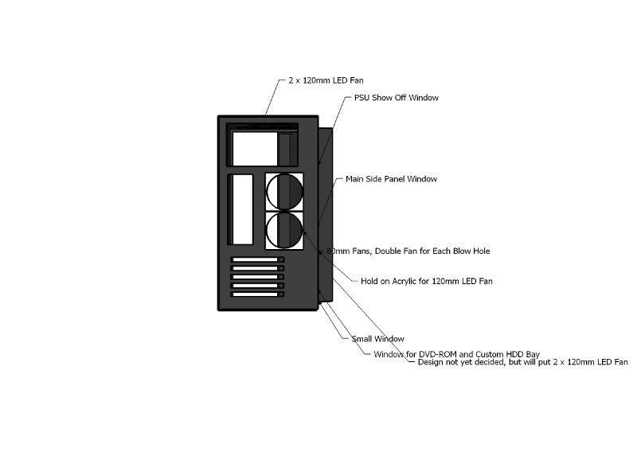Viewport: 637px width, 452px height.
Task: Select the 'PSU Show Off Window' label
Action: click(x=397, y=98)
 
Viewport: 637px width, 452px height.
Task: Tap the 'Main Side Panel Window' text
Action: click(x=391, y=179)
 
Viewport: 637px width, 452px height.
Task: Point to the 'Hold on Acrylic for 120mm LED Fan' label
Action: click(x=427, y=281)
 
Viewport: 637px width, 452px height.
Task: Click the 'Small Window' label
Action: click(x=378, y=339)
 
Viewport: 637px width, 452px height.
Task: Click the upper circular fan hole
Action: click(x=284, y=192)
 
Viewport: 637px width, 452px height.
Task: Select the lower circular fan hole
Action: click(x=284, y=231)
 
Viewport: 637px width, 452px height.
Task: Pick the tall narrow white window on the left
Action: click(x=240, y=208)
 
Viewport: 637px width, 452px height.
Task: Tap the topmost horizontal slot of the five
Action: click(x=257, y=259)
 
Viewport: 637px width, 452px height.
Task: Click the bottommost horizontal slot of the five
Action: click(x=257, y=294)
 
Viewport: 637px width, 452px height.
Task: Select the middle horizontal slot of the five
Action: click(x=257, y=277)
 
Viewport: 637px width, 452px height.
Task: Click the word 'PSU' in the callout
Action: click(x=362, y=98)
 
